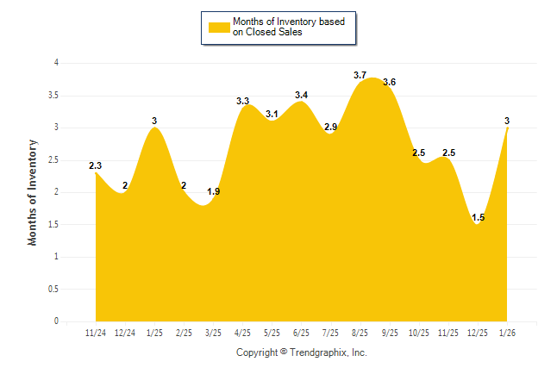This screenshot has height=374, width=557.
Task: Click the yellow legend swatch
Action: click(x=219, y=28)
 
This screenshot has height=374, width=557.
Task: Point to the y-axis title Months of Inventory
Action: click(x=33, y=192)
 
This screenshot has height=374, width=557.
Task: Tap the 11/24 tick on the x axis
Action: click(x=96, y=332)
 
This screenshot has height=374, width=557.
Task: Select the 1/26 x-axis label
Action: click(x=508, y=332)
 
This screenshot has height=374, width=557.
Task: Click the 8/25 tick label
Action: click(x=360, y=332)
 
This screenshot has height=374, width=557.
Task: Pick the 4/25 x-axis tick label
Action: click(x=242, y=332)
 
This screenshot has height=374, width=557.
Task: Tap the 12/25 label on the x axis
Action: click(x=479, y=332)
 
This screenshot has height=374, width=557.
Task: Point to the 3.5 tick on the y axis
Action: click(x=53, y=95)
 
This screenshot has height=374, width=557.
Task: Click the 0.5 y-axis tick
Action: click(x=53, y=289)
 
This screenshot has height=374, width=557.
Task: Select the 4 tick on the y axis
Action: click(x=56, y=63)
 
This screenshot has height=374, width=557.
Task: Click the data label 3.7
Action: click(x=360, y=75)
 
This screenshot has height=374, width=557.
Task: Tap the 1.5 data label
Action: click(x=479, y=218)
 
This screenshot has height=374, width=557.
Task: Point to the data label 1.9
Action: click(x=214, y=191)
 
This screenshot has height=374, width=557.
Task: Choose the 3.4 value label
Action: click(x=302, y=95)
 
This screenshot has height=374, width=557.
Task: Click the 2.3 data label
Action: click(x=96, y=165)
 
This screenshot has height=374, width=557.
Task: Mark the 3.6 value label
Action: click(x=390, y=82)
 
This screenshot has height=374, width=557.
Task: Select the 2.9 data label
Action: click(x=331, y=128)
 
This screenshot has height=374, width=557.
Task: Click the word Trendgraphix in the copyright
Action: click(x=317, y=352)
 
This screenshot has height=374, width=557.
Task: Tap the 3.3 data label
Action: click(x=243, y=101)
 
